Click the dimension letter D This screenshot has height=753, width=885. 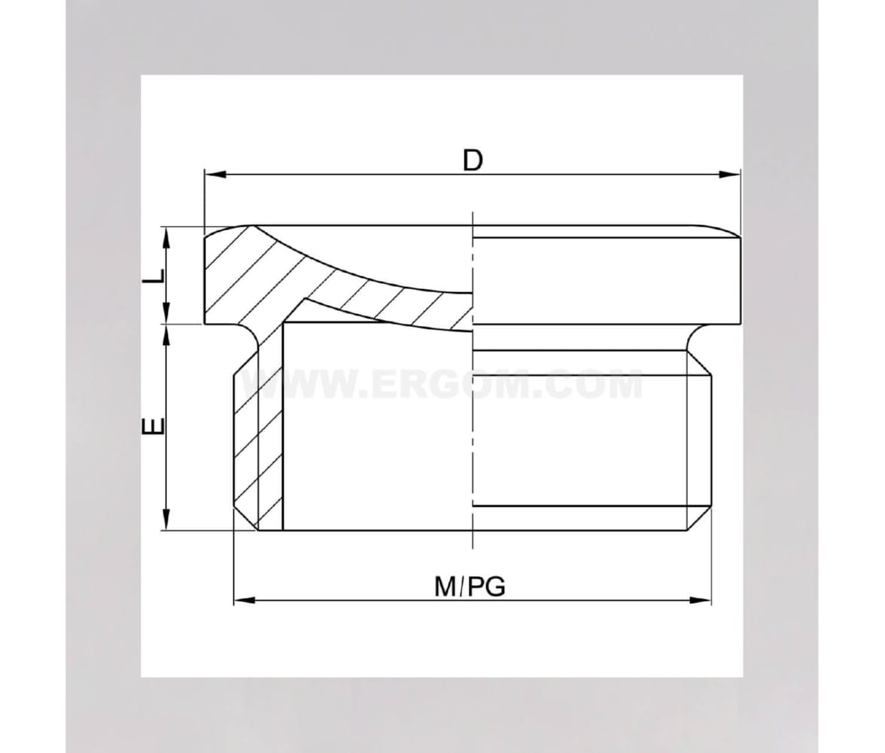[473, 160]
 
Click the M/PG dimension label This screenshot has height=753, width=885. [470, 587]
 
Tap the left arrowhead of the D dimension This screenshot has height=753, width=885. [215, 175]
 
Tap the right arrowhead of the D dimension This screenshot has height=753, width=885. [728, 175]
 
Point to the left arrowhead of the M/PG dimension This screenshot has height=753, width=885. [245, 600]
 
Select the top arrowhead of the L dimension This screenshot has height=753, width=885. [166, 238]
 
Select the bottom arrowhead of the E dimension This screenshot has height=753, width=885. [166, 519]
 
